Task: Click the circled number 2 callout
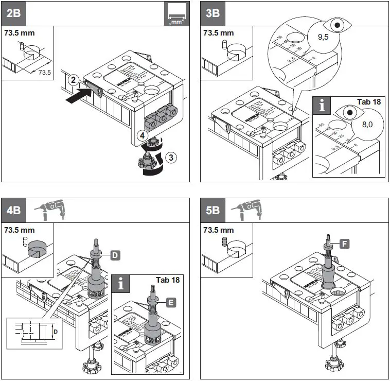point(74,80)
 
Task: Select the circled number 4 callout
point(142,135)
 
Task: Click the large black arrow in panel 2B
point(82,95)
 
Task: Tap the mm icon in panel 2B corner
point(176,13)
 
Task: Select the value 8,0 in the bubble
point(367,124)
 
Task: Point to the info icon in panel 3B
point(322,106)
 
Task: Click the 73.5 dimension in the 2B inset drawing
point(45,73)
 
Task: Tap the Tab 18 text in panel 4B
point(167,280)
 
